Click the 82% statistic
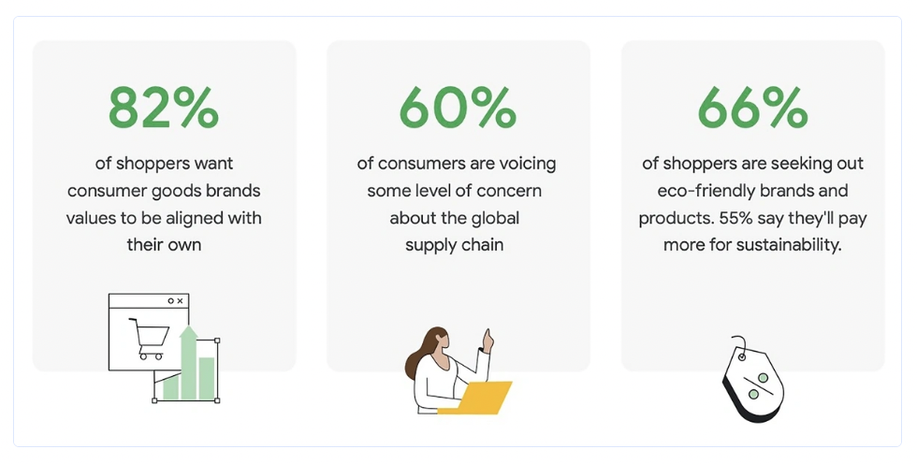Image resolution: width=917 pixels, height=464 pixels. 164,108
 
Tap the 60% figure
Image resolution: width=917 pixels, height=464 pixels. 458,108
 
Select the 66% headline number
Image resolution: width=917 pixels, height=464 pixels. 752,108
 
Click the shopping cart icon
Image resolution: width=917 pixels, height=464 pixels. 149,339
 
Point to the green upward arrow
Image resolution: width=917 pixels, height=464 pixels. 188,362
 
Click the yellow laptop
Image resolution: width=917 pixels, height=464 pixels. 475,398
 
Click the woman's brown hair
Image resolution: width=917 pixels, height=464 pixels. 423,354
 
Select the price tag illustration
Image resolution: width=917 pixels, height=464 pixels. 752,381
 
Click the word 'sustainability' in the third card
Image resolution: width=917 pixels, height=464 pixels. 789,244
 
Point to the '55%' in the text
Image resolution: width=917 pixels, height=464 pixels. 735,218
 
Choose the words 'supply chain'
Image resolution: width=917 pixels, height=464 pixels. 455,245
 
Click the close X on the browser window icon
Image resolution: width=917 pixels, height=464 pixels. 180,301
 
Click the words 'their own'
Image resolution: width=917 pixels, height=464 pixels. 164,244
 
